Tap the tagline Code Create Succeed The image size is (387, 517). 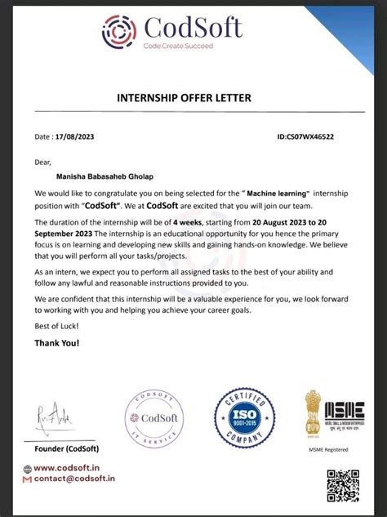pos(179,46)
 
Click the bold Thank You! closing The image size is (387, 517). pos(57,343)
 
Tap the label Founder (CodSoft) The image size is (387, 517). pos(66,449)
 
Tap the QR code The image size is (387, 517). pos(343,486)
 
